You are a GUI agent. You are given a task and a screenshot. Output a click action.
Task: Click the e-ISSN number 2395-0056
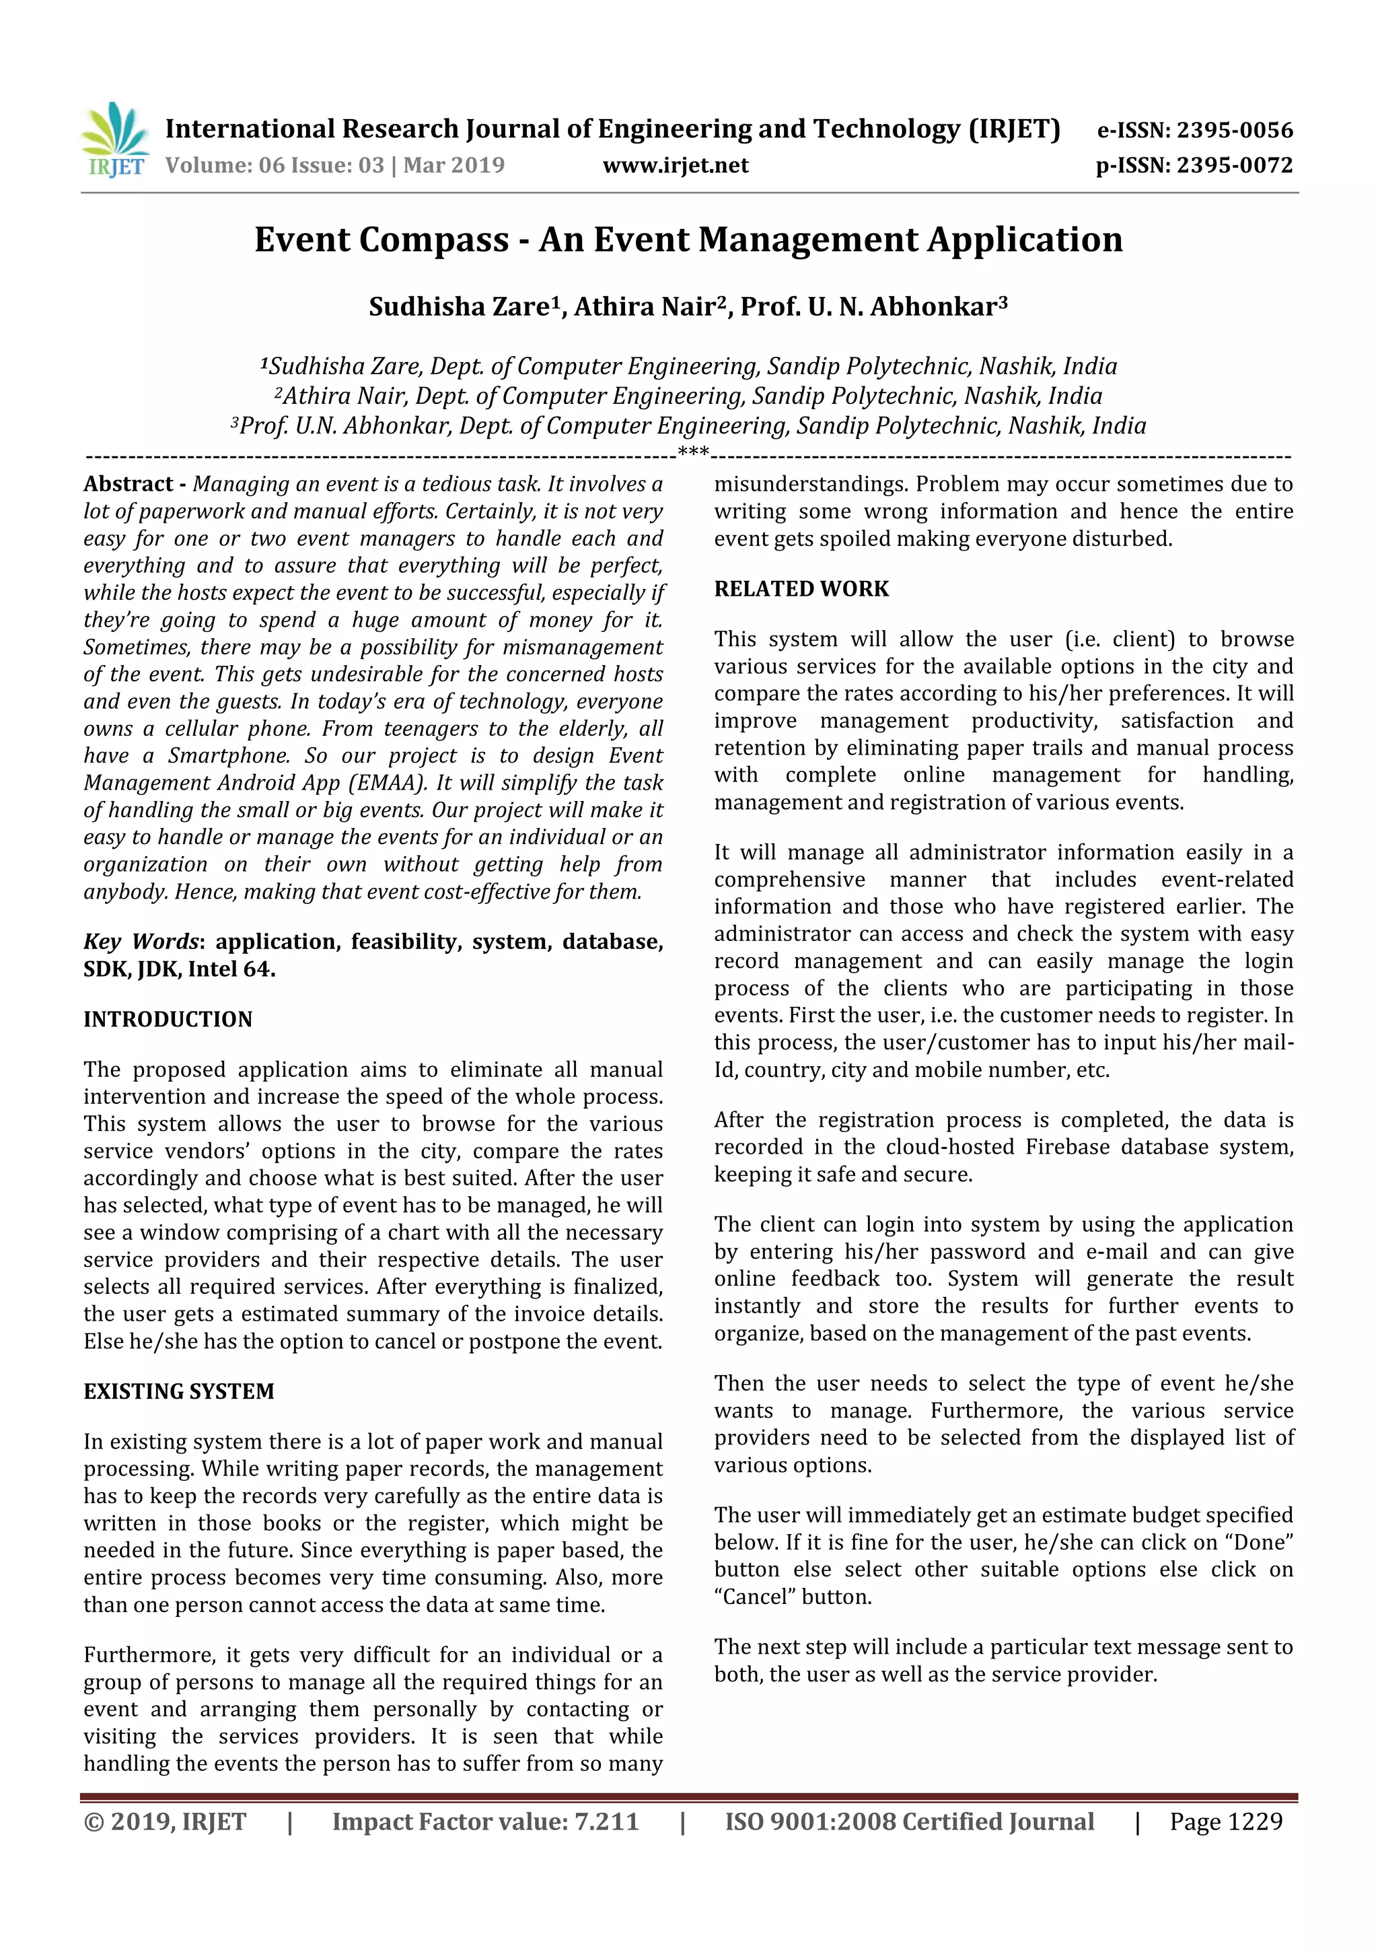coord(1233,130)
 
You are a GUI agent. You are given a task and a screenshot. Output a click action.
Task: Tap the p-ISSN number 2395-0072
coord(1233,165)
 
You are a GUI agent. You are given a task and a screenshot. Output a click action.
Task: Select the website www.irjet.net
coord(675,165)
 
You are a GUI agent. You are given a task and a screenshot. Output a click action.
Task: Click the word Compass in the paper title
coord(434,240)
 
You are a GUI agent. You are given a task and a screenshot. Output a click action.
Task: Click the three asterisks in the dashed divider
coord(693,452)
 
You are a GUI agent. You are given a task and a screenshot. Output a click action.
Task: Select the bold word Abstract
coord(129,484)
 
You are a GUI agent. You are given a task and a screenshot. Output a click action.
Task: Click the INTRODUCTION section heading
coord(168,1019)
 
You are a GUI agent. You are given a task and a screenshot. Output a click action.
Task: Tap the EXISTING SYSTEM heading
coord(178,1391)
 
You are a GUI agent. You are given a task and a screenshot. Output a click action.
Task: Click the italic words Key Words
coord(140,942)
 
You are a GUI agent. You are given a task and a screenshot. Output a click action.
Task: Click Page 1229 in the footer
coord(1225,1821)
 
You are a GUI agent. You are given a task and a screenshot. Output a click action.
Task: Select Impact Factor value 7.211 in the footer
coord(485,1821)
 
